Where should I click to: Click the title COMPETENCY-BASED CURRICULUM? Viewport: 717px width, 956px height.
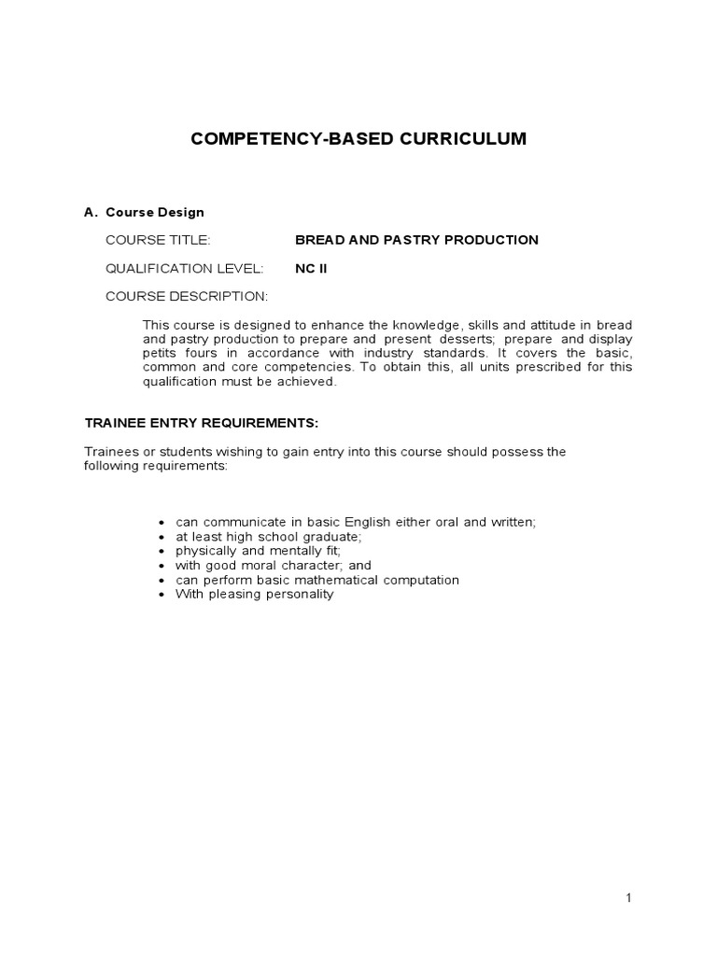358,139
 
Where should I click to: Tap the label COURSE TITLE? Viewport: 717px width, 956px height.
158,240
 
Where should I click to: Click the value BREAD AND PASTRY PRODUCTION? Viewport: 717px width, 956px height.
416,240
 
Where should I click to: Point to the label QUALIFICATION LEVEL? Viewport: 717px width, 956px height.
184,268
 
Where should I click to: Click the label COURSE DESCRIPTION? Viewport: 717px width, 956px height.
186,296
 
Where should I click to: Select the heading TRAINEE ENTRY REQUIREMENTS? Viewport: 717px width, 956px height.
202,423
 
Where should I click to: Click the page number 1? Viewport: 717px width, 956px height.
629,898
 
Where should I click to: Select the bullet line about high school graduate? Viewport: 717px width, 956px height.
268,537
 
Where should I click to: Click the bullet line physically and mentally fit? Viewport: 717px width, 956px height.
258,551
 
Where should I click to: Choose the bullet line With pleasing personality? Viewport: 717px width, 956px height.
254,594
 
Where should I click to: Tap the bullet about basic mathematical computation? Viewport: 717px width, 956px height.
316,580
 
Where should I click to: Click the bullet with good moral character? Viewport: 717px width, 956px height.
273,565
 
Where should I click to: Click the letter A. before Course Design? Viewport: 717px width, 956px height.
91,212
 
